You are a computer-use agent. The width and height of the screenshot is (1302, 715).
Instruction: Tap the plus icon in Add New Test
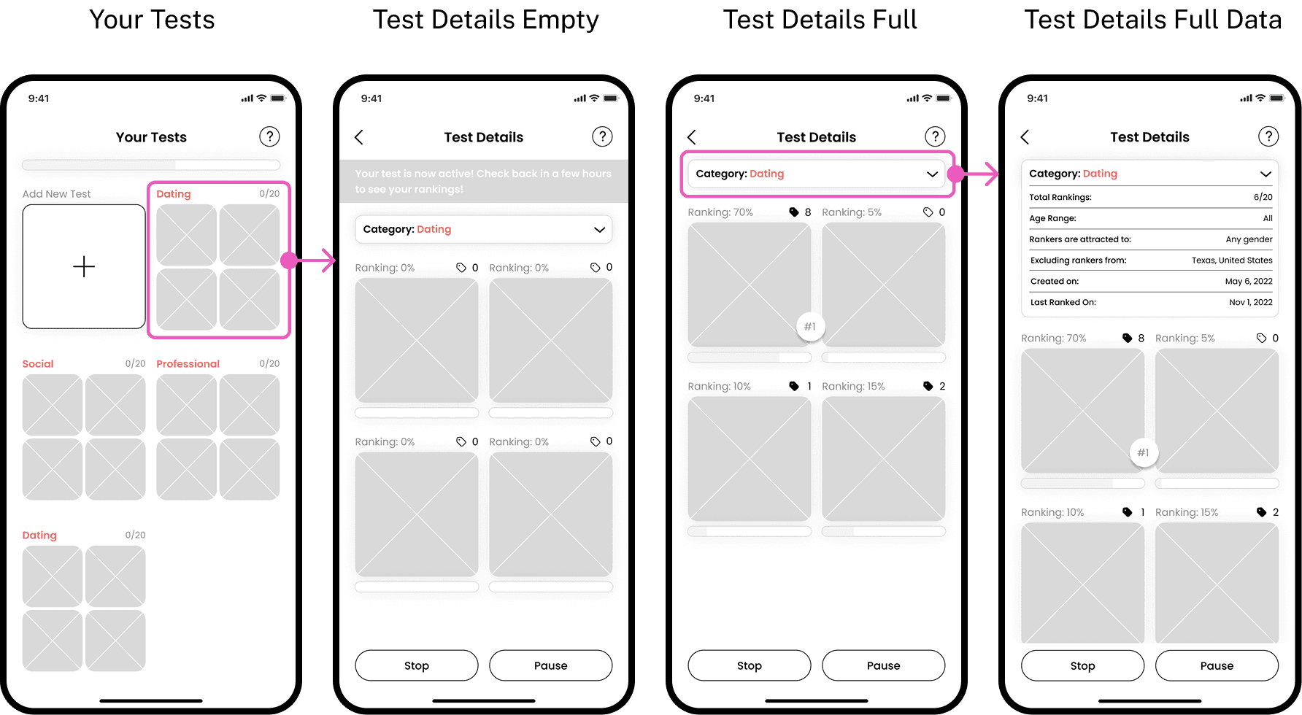point(84,266)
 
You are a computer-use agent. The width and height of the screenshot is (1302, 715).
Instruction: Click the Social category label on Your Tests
point(38,363)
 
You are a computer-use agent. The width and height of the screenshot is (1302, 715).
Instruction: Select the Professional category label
point(188,363)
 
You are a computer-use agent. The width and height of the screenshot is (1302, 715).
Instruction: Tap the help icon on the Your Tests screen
point(269,136)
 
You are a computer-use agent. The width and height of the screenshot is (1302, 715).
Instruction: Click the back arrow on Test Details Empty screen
point(358,137)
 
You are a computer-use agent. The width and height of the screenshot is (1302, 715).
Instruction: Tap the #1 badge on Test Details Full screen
point(810,326)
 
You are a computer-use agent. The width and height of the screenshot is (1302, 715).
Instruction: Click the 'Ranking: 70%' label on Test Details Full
point(720,212)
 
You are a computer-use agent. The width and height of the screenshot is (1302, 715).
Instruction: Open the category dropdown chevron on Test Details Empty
point(599,230)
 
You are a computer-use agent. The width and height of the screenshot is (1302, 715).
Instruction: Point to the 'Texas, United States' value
point(1232,260)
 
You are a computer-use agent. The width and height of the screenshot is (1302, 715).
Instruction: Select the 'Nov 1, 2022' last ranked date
point(1251,302)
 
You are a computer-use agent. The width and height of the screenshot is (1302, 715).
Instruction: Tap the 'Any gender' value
point(1249,239)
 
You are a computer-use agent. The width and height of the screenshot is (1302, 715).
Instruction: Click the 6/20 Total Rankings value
point(1263,197)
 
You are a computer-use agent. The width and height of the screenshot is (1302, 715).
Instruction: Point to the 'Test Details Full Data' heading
point(1152,20)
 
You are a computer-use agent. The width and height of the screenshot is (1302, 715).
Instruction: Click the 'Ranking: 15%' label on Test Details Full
point(853,387)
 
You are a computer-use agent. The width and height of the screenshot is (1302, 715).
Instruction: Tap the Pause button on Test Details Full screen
point(883,665)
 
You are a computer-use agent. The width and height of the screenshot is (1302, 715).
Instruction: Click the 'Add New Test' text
point(56,194)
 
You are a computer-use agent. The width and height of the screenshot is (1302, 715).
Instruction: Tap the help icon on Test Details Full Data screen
point(1268,136)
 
